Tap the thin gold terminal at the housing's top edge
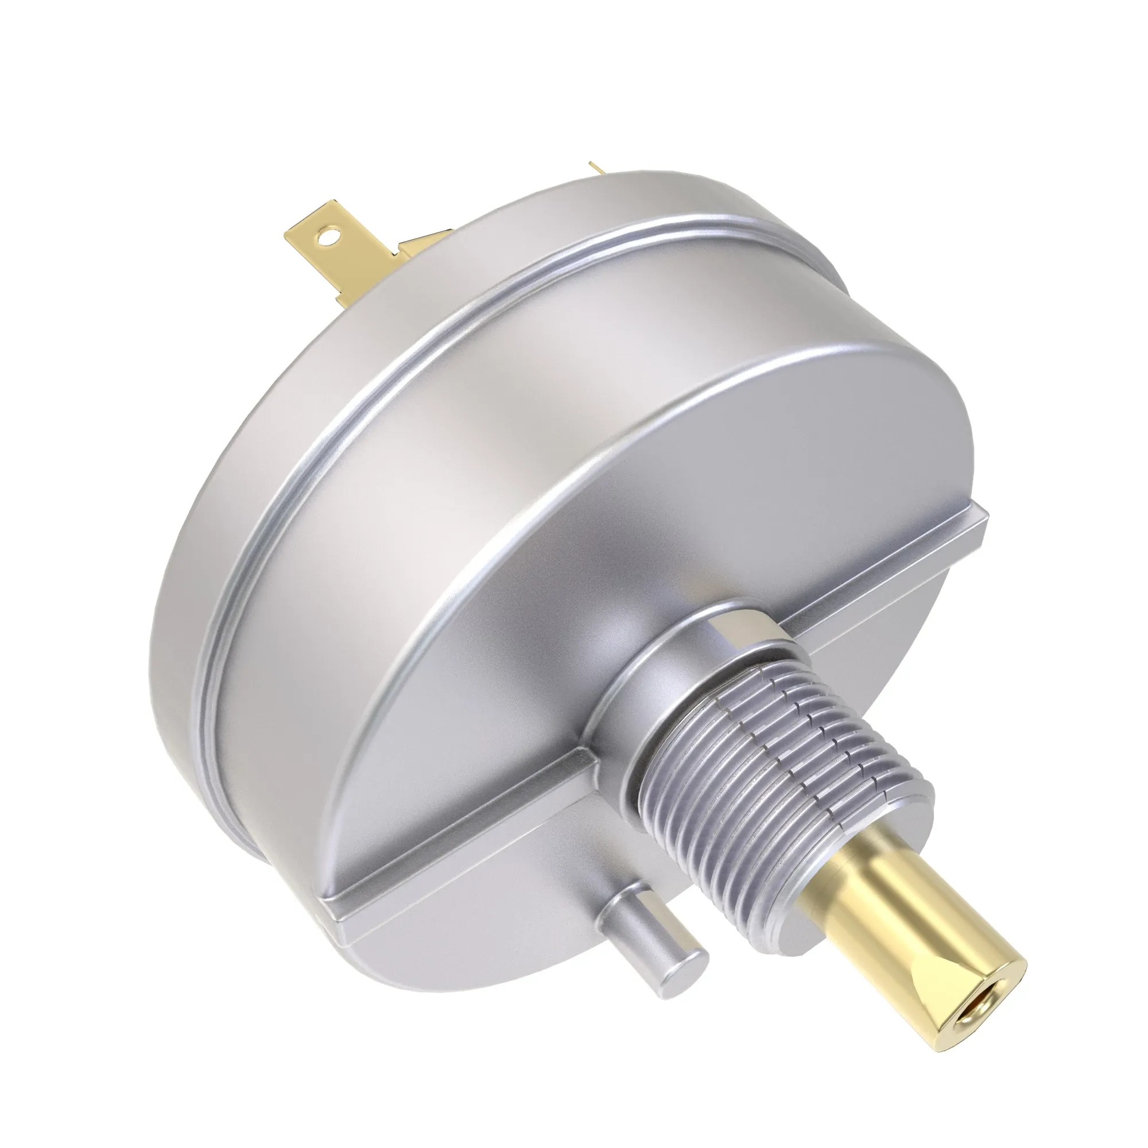pos(596,168)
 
